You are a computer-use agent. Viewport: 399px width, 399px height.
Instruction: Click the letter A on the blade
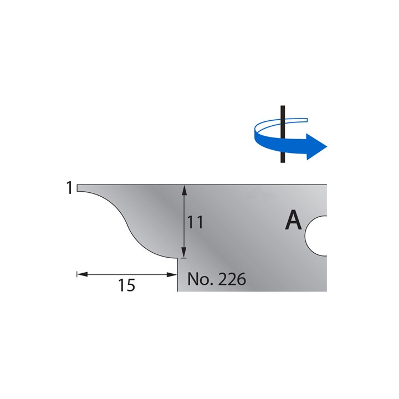coord(293,221)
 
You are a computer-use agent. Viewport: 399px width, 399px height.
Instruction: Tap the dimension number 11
coord(196,223)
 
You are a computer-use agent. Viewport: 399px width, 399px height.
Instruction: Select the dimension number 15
coord(127,285)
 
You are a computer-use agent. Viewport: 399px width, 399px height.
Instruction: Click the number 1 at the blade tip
coord(69,189)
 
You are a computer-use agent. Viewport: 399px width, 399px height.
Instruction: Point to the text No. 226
coord(216,279)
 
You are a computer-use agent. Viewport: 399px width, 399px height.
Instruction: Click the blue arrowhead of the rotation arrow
coord(316,146)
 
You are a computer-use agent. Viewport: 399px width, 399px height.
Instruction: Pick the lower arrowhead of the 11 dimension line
coord(185,253)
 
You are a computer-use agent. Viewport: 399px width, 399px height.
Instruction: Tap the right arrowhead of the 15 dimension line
coord(172,274)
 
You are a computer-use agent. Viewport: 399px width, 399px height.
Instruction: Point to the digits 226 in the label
coord(232,279)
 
